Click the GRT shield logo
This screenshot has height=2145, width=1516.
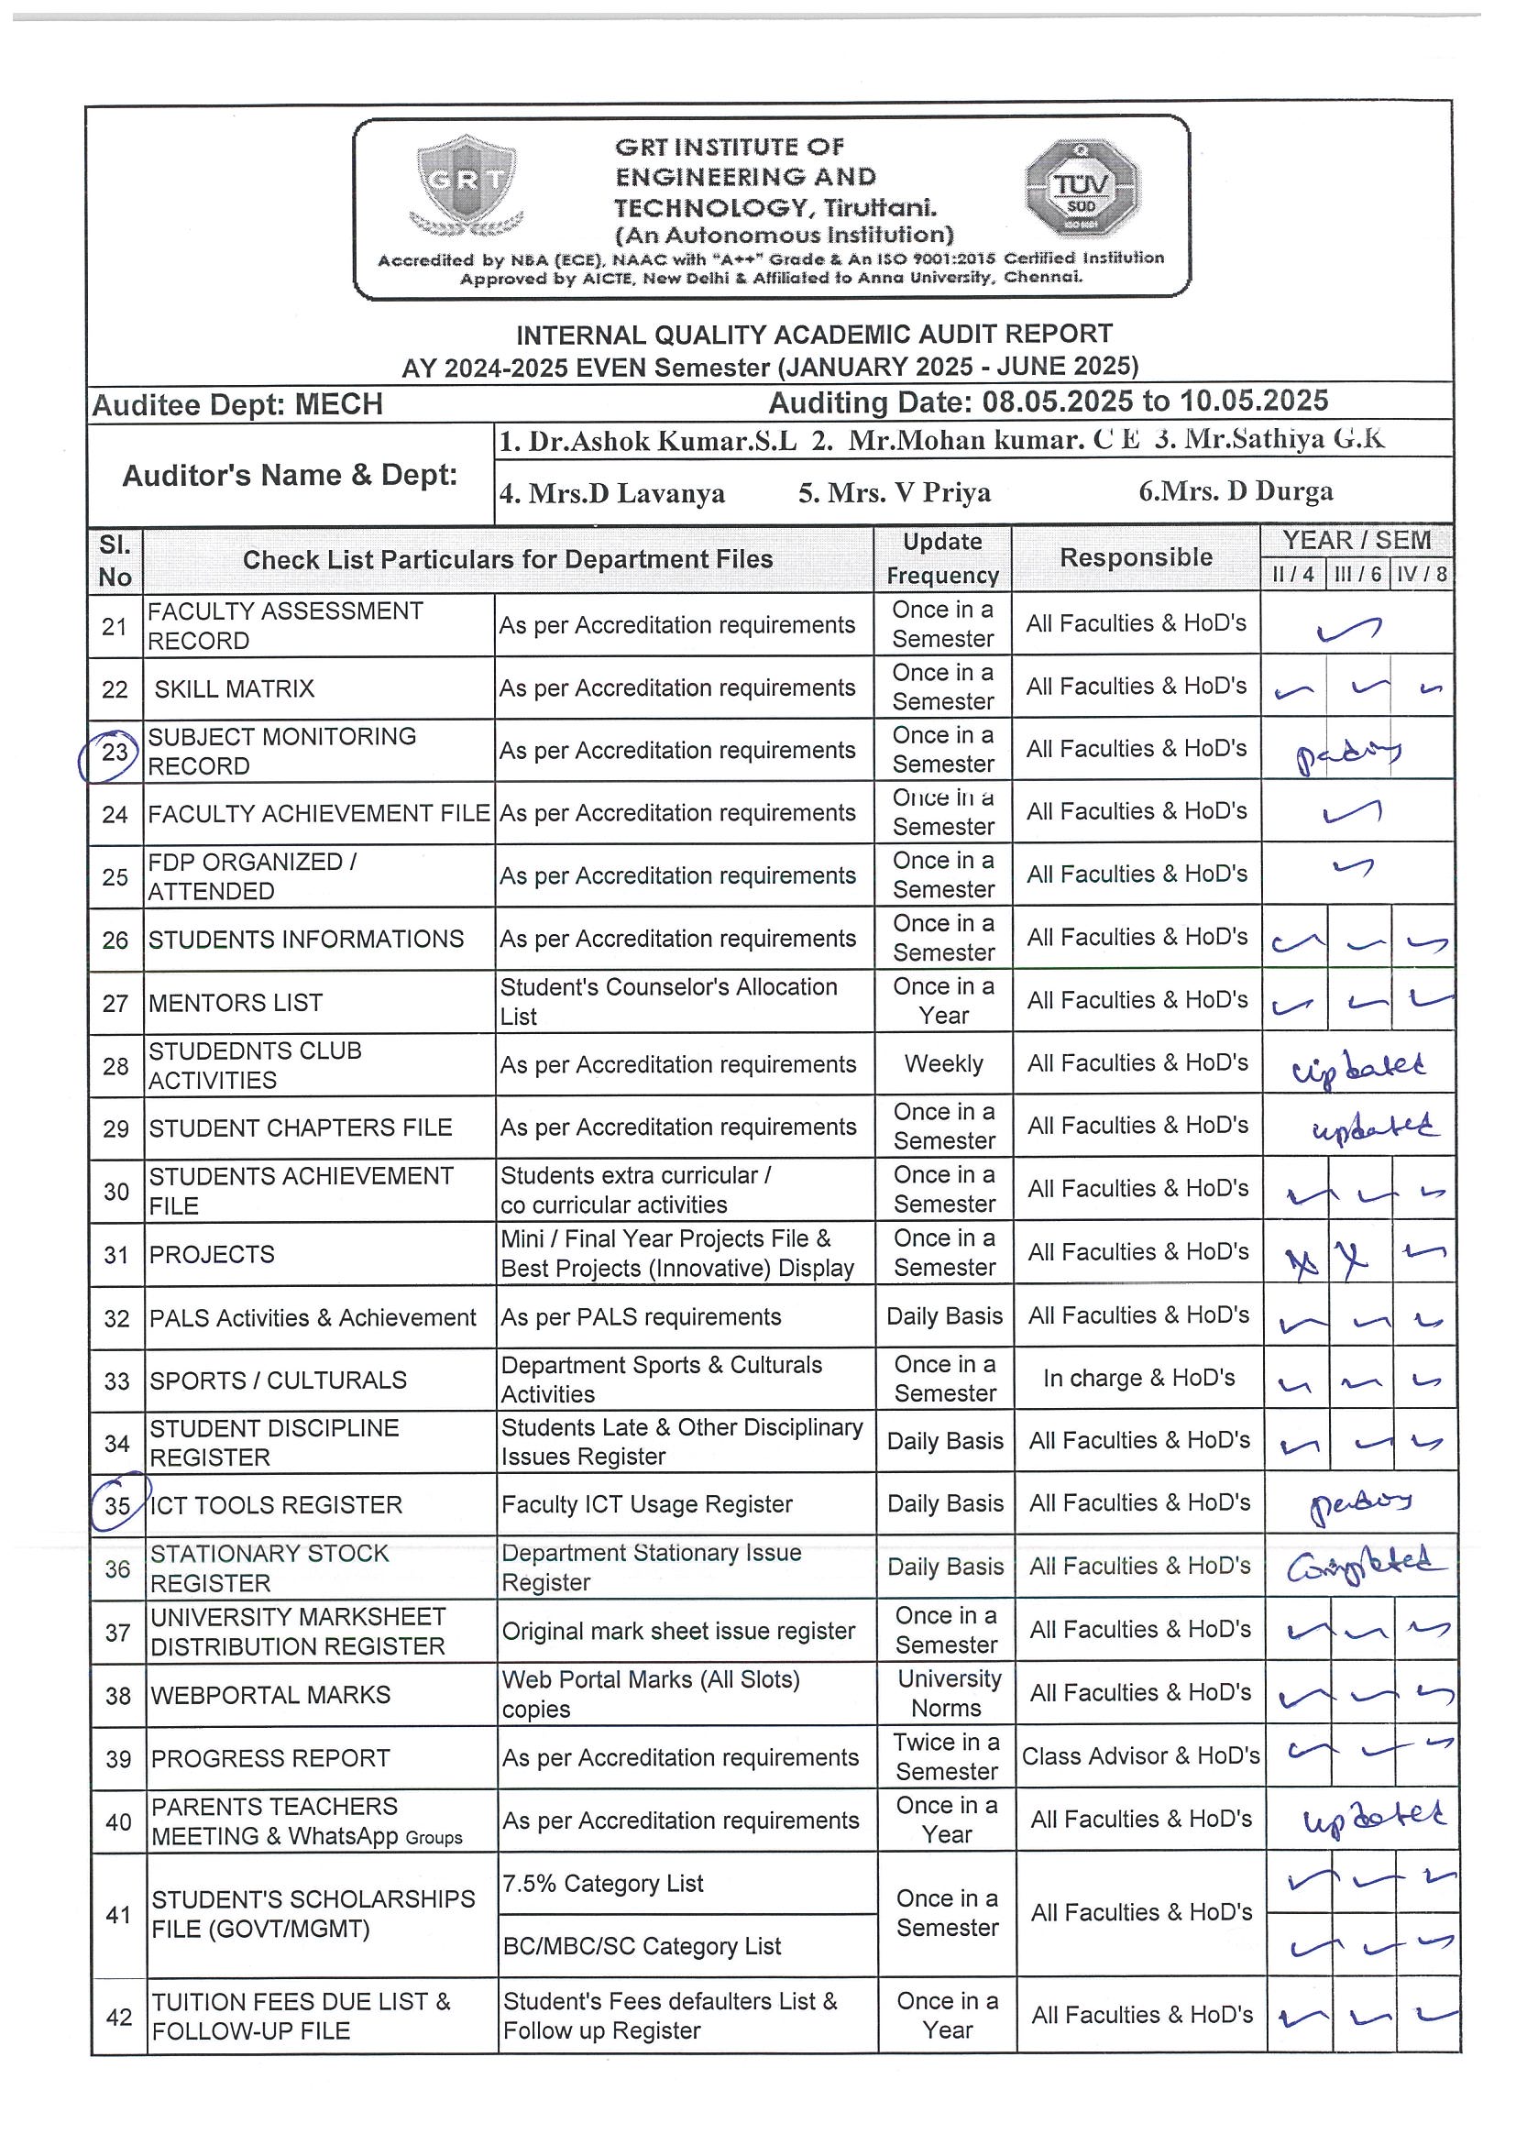coord(467,184)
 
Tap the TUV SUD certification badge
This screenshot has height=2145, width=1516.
coord(1082,188)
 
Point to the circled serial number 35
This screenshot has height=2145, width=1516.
coord(116,1505)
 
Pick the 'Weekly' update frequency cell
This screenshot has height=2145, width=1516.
coord(943,1064)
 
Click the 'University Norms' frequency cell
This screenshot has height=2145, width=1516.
coord(947,1693)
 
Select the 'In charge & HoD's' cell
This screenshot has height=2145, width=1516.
coord(1138,1378)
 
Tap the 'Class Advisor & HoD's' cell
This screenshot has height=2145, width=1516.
coord(1140,1756)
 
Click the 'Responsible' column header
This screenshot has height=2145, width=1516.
coord(1136,557)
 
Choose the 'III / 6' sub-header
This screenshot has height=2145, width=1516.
coord(1357,575)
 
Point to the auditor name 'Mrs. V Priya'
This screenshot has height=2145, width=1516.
coord(894,492)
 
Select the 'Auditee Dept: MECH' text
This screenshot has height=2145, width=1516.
coord(237,404)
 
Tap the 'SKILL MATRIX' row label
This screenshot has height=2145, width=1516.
coord(235,689)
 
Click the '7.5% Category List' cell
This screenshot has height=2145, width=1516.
coord(602,1884)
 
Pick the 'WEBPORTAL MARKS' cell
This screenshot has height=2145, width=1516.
coord(271,1695)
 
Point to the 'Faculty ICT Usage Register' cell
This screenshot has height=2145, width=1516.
coord(646,1504)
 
